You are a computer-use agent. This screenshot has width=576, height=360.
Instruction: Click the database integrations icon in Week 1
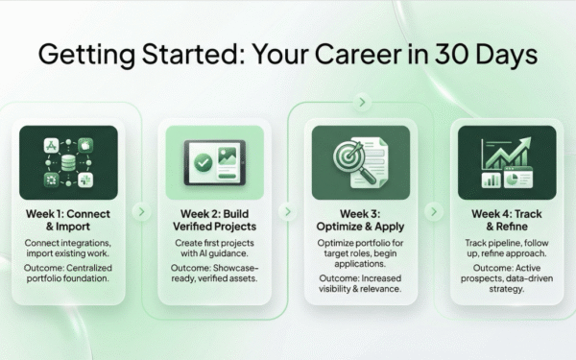69,160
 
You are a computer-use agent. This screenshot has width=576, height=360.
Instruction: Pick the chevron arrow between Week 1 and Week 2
140,210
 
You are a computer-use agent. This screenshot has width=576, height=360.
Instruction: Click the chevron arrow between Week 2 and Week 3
286,210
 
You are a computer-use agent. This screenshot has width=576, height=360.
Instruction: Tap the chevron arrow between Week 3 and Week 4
432,209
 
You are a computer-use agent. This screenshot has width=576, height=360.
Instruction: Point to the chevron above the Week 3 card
360,100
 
